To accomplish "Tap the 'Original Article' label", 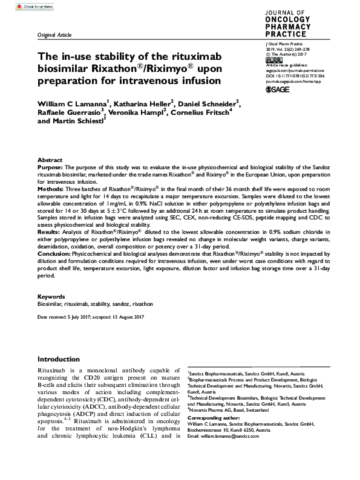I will point(55,36).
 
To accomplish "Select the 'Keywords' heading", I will point(51,297).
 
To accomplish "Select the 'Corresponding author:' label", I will point(214,418).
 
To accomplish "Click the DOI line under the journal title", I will point(291,76).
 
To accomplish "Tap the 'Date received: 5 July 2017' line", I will point(63,317).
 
